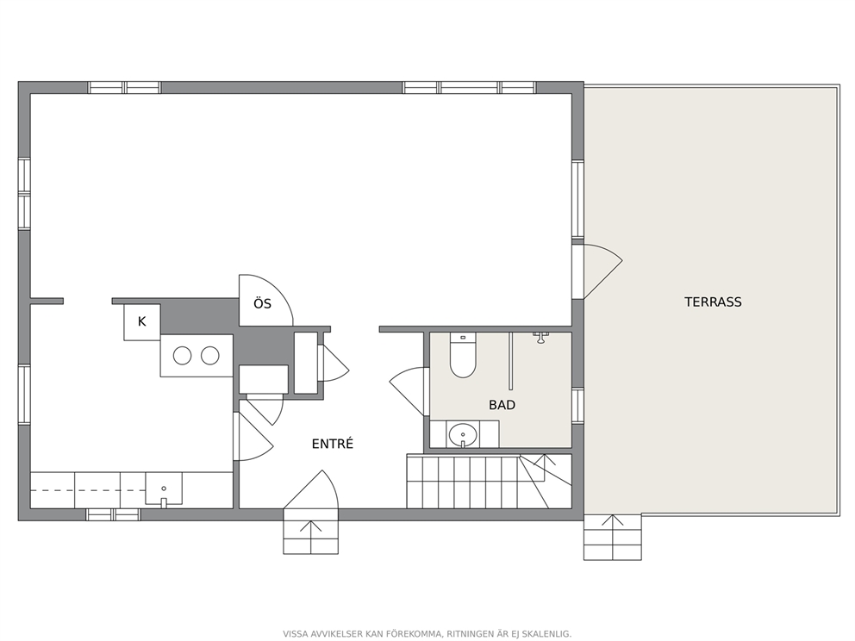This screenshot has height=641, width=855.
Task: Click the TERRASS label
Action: point(713,302)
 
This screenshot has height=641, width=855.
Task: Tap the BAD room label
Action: point(502,405)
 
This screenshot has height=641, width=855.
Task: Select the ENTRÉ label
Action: point(333,444)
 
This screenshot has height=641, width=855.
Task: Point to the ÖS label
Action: point(262,303)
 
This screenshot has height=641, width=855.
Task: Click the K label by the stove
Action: point(141,321)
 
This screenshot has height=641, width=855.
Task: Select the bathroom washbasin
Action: point(463,435)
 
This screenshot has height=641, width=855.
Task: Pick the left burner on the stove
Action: point(182,356)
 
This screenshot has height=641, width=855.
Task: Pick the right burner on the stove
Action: point(210,356)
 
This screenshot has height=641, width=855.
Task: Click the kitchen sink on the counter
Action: point(164,490)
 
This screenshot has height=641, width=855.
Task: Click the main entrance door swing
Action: point(311,489)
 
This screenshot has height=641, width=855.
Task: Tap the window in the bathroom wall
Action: point(578,406)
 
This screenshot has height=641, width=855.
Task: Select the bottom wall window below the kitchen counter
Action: point(114,514)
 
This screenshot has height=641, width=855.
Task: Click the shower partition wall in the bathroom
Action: point(511,360)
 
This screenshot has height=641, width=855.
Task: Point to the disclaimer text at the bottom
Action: point(427,634)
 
